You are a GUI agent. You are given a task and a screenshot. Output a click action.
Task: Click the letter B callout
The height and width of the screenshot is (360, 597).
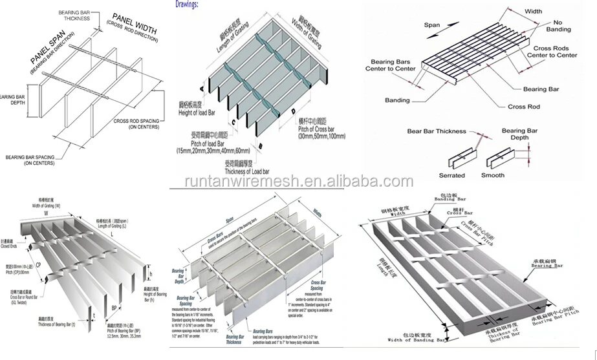click(259, 147)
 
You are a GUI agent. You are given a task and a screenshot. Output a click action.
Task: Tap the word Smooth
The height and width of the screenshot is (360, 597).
click(493, 175)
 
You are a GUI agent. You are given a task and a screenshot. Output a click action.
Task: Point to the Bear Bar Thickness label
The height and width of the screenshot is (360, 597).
click(436, 131)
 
